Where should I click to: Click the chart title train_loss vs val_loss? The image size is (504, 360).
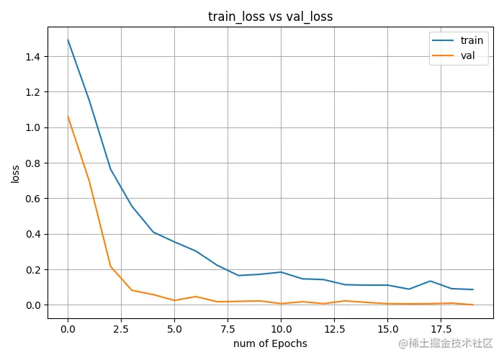270,17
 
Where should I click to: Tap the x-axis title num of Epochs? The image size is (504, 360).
270,343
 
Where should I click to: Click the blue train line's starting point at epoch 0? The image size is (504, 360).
68,40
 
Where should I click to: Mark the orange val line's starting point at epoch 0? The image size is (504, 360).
68,117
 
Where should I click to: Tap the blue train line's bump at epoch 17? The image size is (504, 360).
430,281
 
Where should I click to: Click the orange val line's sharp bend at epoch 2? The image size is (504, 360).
110,266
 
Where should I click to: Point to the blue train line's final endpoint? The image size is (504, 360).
472,289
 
